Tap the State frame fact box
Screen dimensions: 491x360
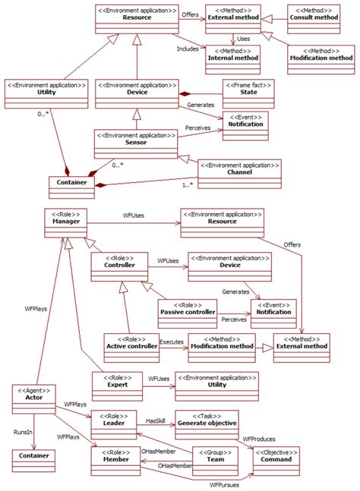click(x=248, y=93)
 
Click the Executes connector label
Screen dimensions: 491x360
click(x=171, y=342)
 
